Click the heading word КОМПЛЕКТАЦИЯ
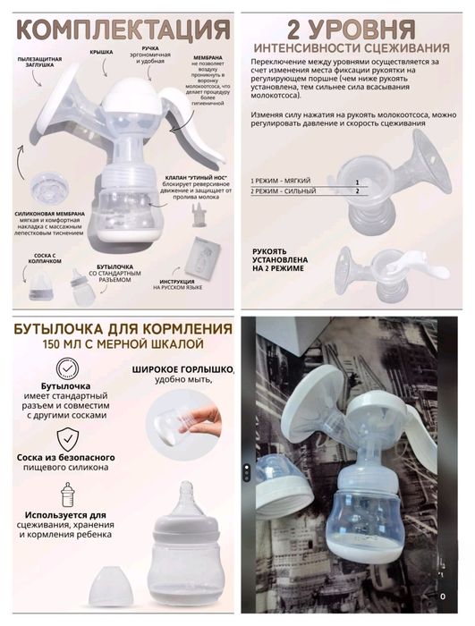119,28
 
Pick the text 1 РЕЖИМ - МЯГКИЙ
284,180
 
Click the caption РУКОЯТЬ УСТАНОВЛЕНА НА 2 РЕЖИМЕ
278,259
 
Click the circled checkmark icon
65,368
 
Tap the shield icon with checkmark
65,439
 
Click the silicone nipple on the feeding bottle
188,495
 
